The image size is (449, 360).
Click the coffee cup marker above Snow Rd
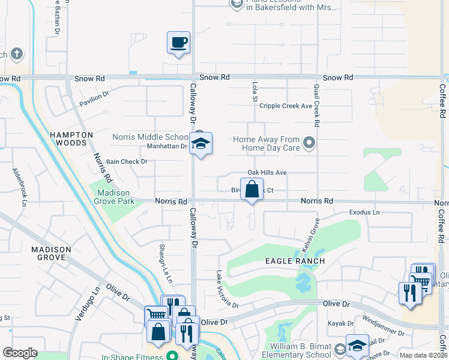point(178,43)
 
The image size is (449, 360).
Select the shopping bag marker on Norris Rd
point(252,190)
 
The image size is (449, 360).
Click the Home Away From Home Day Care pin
point(309,143)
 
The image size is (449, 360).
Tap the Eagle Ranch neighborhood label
point(295,261)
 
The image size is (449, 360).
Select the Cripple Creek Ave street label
point(286,106)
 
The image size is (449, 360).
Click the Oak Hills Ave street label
point(267,173)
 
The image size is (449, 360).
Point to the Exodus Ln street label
point(365,212)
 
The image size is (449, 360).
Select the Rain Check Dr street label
point(127,161)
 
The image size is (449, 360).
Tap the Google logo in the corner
point(20,353)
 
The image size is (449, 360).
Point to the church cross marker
point(16,54)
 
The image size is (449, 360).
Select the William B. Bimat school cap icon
point(357,346)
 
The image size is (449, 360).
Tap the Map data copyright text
point(422,355)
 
